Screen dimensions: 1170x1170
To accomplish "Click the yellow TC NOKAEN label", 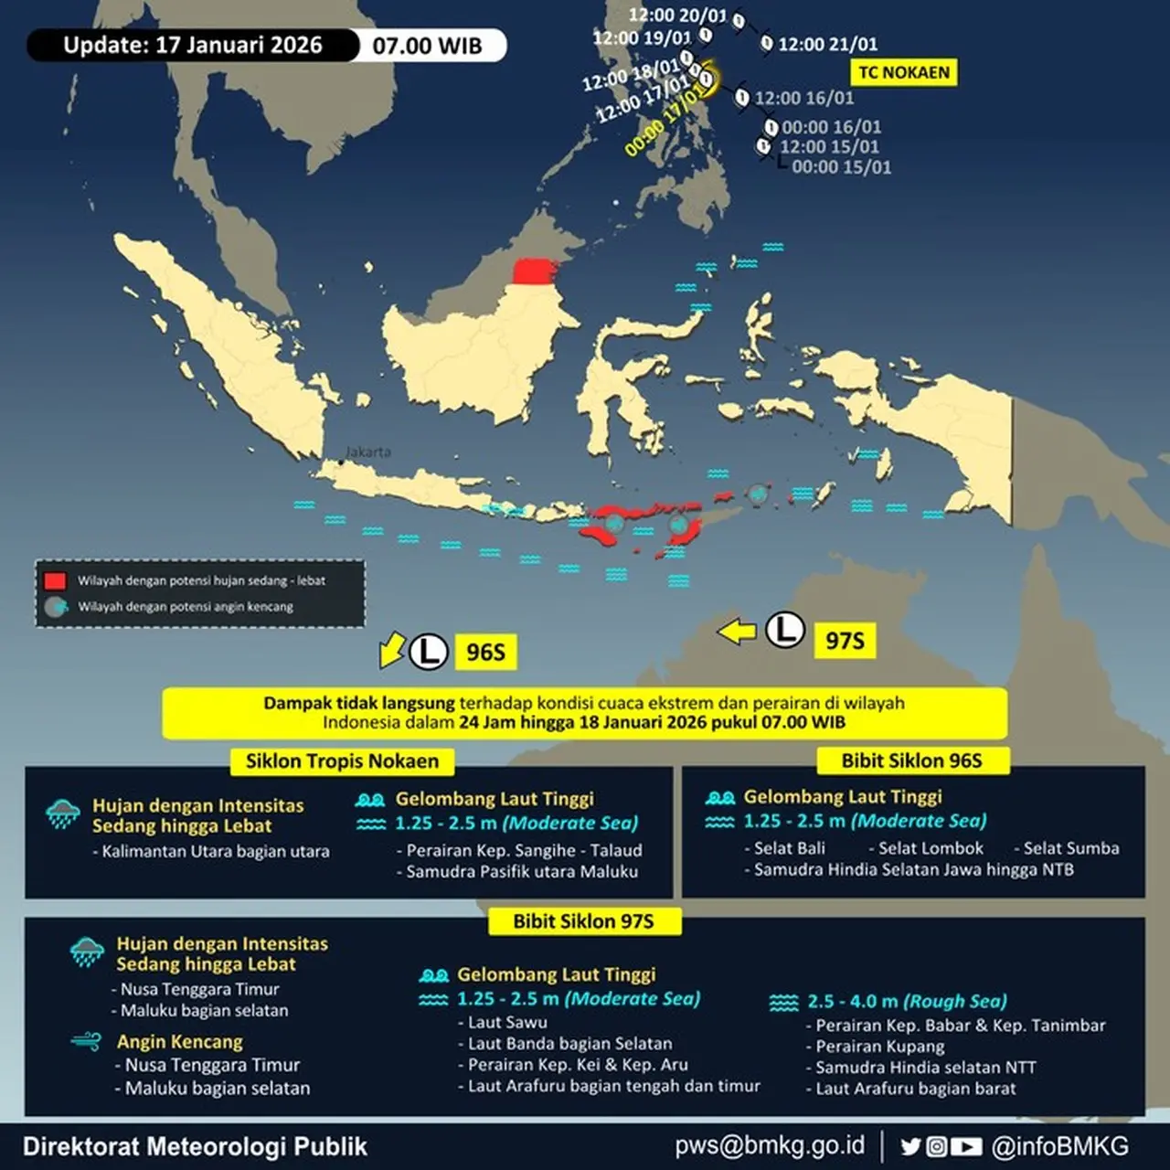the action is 904,72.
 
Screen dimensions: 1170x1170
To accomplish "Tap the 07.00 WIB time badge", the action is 427,46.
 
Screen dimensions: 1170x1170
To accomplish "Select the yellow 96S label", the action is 485,652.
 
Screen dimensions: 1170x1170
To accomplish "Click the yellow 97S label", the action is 845,641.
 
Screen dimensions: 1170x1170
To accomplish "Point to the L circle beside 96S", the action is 428,652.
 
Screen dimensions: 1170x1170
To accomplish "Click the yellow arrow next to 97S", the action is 737,631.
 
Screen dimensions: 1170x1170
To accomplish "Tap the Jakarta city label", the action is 368,452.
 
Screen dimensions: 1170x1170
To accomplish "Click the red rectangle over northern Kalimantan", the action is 535,272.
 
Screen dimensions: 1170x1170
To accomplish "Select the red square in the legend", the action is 55,580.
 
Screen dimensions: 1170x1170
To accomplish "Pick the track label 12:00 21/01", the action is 827,44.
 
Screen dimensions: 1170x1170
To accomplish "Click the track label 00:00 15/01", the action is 841,167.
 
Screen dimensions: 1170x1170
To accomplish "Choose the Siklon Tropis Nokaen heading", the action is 342,761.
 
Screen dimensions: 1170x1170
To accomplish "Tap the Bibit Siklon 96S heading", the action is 911,760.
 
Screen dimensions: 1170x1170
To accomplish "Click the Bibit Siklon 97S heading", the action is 583,921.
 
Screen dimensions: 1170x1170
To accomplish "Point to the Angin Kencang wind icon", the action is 86,1041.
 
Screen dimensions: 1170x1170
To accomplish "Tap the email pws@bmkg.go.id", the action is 770,1146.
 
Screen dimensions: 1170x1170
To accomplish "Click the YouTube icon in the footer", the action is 966,1146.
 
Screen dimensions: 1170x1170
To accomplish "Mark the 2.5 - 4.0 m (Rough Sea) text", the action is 907,1002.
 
